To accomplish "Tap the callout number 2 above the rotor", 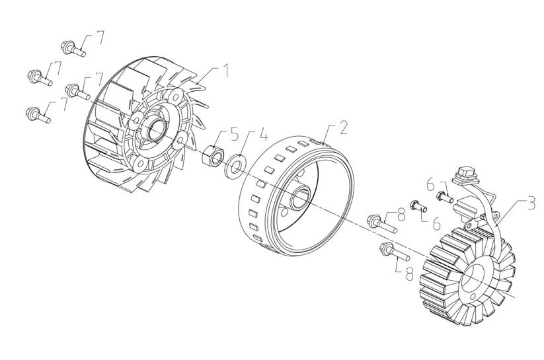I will [343, 128].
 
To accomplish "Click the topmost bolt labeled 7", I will [73, 48].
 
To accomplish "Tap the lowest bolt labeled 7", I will [39, 116].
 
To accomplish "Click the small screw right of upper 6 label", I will [444, 196].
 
